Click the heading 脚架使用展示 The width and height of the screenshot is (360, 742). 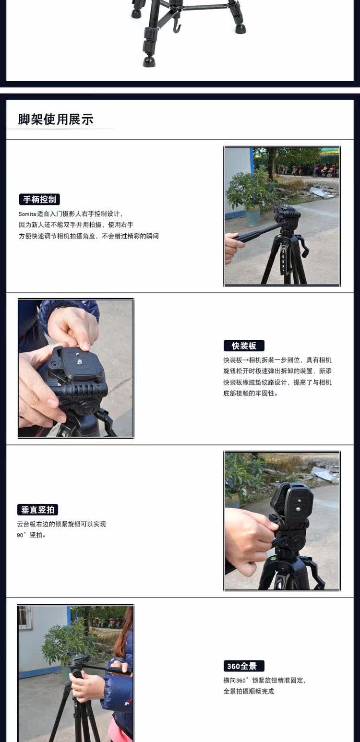pyautogui.click(x=56, y=119)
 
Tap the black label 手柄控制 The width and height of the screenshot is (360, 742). pyautogui.click(x=39, y=199)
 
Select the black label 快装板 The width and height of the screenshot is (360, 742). pyautogui.click(x=244, y=346)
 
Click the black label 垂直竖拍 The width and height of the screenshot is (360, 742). pyautogui.click(x=38, y=510)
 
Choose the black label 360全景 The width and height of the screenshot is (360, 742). pyautogui.click(x=244, y=666)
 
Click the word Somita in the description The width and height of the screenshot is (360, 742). pyautogui.click(x=27, y=214)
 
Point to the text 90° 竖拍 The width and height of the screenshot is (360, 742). pyautogui.click(x=32, y=535)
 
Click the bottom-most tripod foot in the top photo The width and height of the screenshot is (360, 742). pyautogui.click(x=148, y=61)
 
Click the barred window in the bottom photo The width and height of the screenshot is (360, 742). pyautogui.click(x=25, y=617)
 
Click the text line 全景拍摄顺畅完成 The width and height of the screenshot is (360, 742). pyautogui.click(x=249, y=691)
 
